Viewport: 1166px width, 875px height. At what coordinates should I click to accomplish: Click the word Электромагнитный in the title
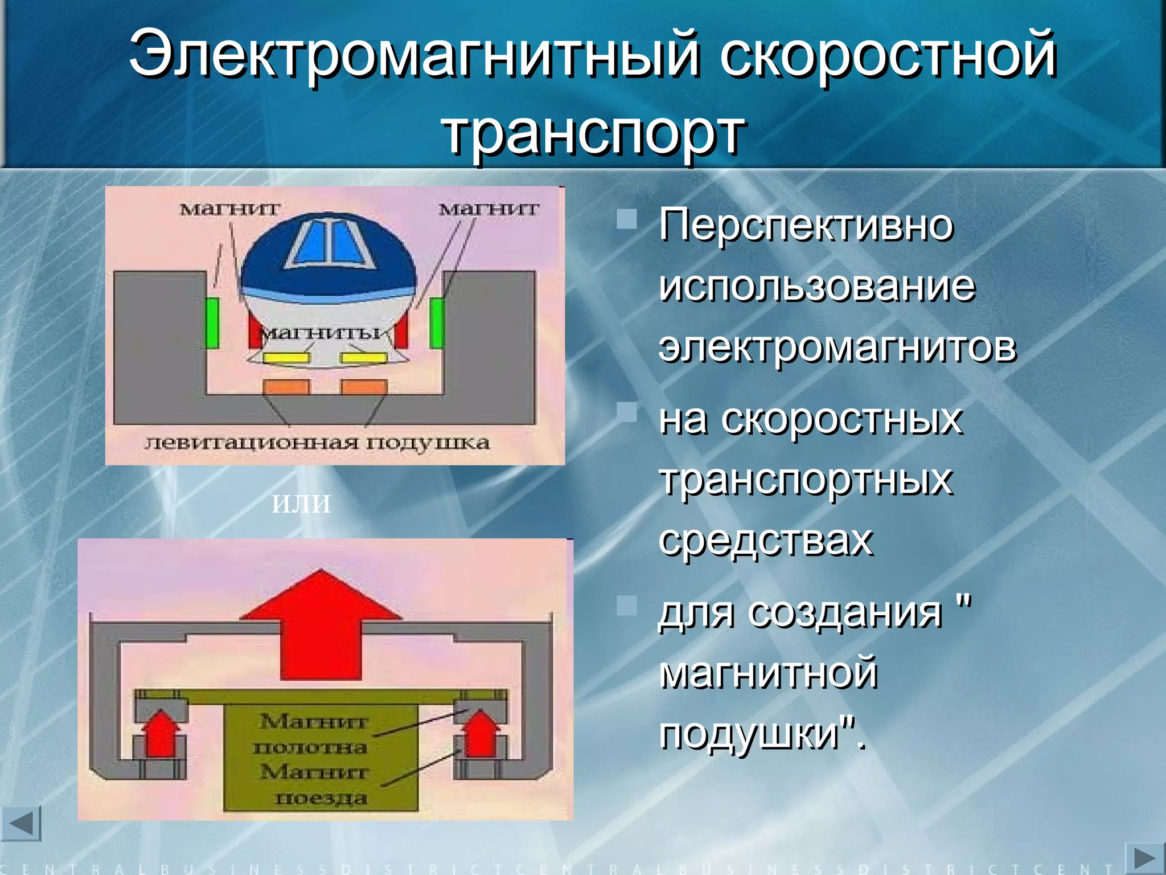[413, 55]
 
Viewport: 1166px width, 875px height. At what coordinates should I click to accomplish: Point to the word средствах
[765, 539]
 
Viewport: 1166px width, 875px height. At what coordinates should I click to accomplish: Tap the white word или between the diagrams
[301, 503]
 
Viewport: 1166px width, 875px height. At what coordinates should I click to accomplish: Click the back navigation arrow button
[22, 824]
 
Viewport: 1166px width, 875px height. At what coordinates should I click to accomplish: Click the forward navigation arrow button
[1144, 858]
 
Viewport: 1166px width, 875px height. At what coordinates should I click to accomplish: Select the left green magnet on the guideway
[212, 323]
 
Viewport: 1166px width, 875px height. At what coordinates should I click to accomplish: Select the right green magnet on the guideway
[437, 323]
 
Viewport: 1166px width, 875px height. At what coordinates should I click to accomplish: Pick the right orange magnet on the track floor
[364, 387]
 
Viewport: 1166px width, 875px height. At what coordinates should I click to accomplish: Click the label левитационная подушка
[317, 443]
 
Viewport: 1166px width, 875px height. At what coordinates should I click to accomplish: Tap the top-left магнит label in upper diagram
[230, 209]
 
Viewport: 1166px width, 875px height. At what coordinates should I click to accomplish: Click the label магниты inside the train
[322, 333]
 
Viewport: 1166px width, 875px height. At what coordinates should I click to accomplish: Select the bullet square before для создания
[627, 605]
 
